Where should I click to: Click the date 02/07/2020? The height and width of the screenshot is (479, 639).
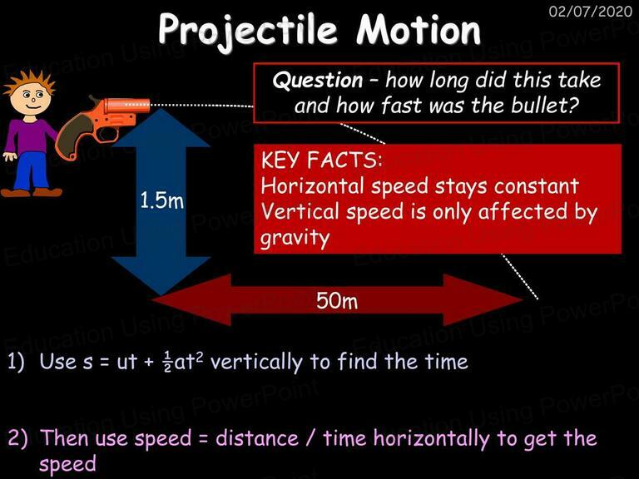click(591, 11)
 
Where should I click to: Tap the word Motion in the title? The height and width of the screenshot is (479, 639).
click(419, 29)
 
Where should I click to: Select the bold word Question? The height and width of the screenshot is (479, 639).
click(318, 81)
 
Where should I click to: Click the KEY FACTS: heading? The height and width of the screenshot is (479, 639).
click(322, 160)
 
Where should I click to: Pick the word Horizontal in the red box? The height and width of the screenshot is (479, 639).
click(312, 185)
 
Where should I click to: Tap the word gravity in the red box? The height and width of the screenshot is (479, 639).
click(295, 238)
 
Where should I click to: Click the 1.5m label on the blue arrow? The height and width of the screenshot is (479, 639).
click(161, 200)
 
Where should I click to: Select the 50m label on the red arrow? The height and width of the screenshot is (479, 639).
click(337, 300)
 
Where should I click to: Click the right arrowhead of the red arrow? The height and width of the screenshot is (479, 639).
click(483, 300)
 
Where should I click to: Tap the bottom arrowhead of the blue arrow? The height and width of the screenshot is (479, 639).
click(161, 276)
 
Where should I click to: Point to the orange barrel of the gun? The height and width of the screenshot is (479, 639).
click(126, 105)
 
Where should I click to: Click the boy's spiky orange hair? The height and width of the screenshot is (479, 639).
click(28, 82)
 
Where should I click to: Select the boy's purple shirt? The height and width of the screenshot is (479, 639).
click(29, 136)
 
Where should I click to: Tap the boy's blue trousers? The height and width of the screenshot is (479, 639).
click(31, 170)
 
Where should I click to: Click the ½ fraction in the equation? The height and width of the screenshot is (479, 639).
click(167, 361)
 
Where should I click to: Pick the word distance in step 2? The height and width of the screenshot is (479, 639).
click(257, 438)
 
